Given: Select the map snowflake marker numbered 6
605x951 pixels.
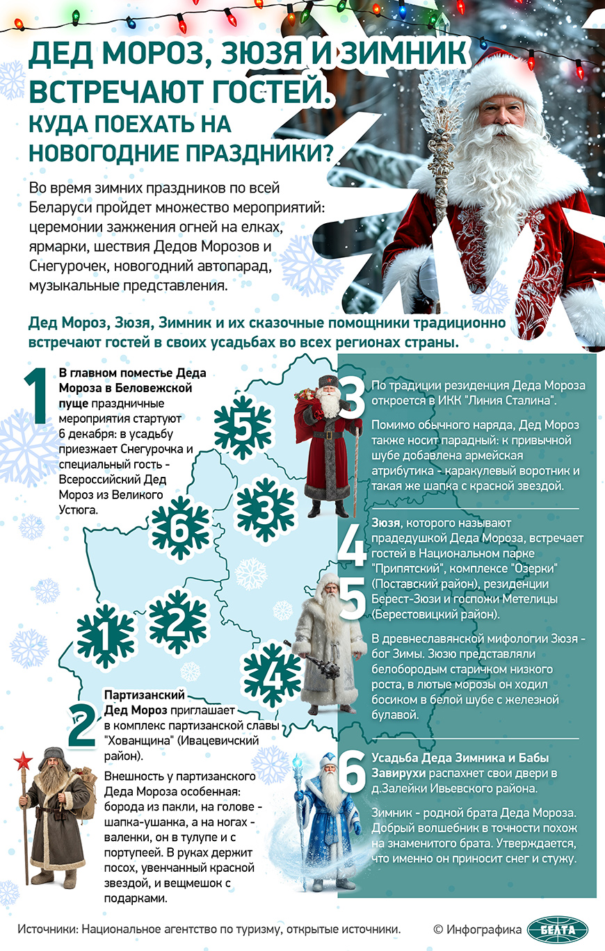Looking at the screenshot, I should coord(179,532).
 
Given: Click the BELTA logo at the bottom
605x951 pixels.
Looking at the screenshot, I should coord(557,929).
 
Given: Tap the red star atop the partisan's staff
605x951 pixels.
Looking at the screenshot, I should coord(23,760).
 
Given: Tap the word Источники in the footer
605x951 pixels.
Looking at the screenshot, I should coord(49,929).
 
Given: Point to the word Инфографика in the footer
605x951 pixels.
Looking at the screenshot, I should coord(484,929).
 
